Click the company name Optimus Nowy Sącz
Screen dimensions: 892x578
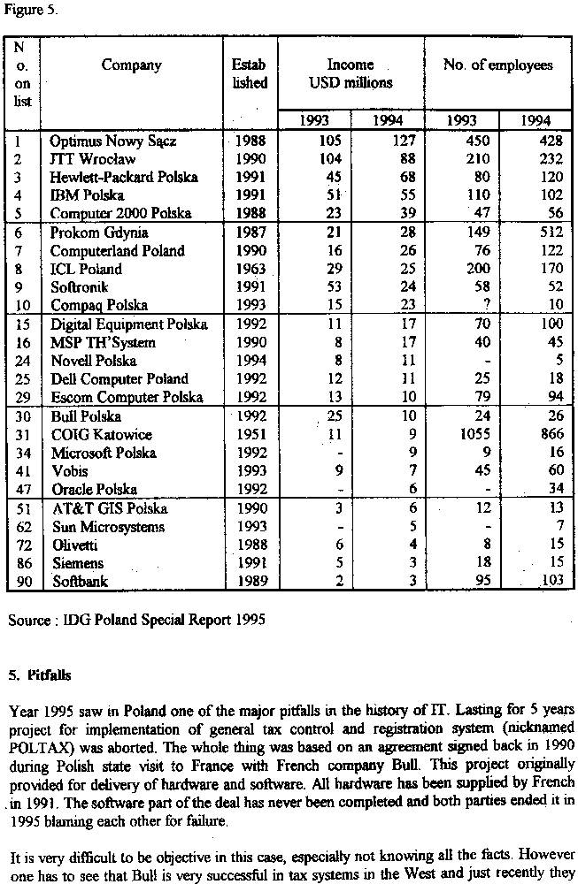pos(101,141)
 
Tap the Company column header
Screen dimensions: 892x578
pos(131,65)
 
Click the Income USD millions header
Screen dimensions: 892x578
pos(351,73)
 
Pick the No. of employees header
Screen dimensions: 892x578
pos(497,65)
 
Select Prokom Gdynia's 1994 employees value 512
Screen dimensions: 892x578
pos(535,233)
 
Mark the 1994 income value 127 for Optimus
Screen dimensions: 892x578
pos(404,141)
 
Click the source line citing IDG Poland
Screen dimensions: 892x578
pos(136,621)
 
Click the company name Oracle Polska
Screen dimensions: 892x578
pos(94,490)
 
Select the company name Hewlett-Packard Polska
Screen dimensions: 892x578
pos(124,177)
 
